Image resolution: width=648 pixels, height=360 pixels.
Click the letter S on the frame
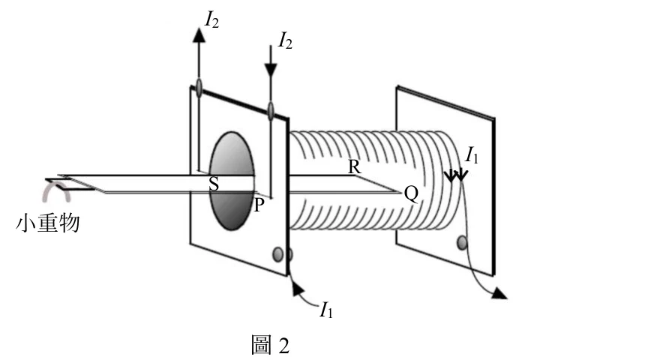click(214, 184)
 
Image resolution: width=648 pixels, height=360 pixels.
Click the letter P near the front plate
click(259, 205)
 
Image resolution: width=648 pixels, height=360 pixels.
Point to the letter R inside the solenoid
click(354, 167)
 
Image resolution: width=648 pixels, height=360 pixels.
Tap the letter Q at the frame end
click(411, 193)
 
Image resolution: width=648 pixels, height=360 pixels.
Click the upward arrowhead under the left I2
click(199, 35)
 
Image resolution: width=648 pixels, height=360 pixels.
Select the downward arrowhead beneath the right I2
click(271, 70)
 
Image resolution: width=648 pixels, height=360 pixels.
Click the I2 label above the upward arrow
click(212, 19)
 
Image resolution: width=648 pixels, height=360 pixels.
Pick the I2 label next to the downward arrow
click(286, 41)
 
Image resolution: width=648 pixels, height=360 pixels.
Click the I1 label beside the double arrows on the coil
click(472, 156)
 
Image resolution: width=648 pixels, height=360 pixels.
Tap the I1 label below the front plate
click(326, 310)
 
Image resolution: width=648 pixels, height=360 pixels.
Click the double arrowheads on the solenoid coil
click(456, 175)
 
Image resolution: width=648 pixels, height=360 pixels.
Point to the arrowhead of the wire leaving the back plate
click(499, 293)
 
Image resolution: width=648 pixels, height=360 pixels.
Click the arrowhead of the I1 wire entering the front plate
click(298, 288)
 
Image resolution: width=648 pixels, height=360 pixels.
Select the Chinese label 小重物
click(47, 223)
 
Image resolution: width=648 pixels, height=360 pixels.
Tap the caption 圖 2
click(270, 345)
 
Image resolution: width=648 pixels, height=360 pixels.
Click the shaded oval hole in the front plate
click(232, 181)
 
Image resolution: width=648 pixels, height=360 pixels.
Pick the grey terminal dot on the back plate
click(462, 242)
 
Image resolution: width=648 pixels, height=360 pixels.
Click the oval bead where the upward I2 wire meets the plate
click(199, 87)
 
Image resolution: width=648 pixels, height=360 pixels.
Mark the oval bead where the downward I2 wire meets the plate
click(271, 111)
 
